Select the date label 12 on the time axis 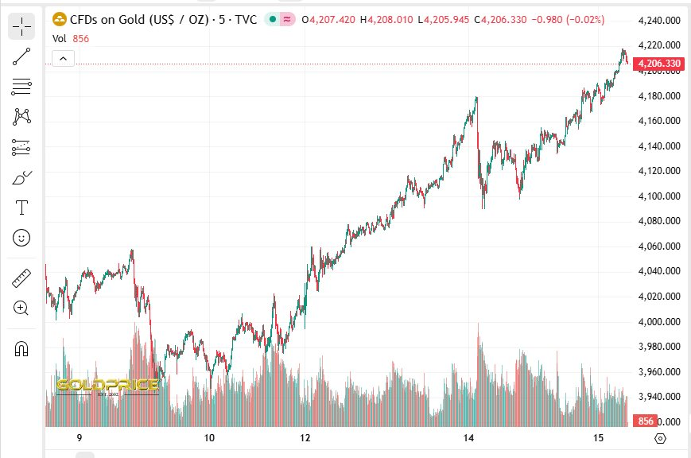pos(305,438)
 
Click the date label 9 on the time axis pos(79,438)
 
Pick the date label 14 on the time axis pos(469,438)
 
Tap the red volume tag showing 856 pos(645,421)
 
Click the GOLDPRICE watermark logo pos(107,387)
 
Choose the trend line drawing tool pos(21,56)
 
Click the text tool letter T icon pos(21,208)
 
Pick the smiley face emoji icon pos(21,237)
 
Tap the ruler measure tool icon pos(21,278)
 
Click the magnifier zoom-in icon pos(21,308)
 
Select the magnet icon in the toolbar pos(21,348)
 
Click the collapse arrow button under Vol pos(63,58)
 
